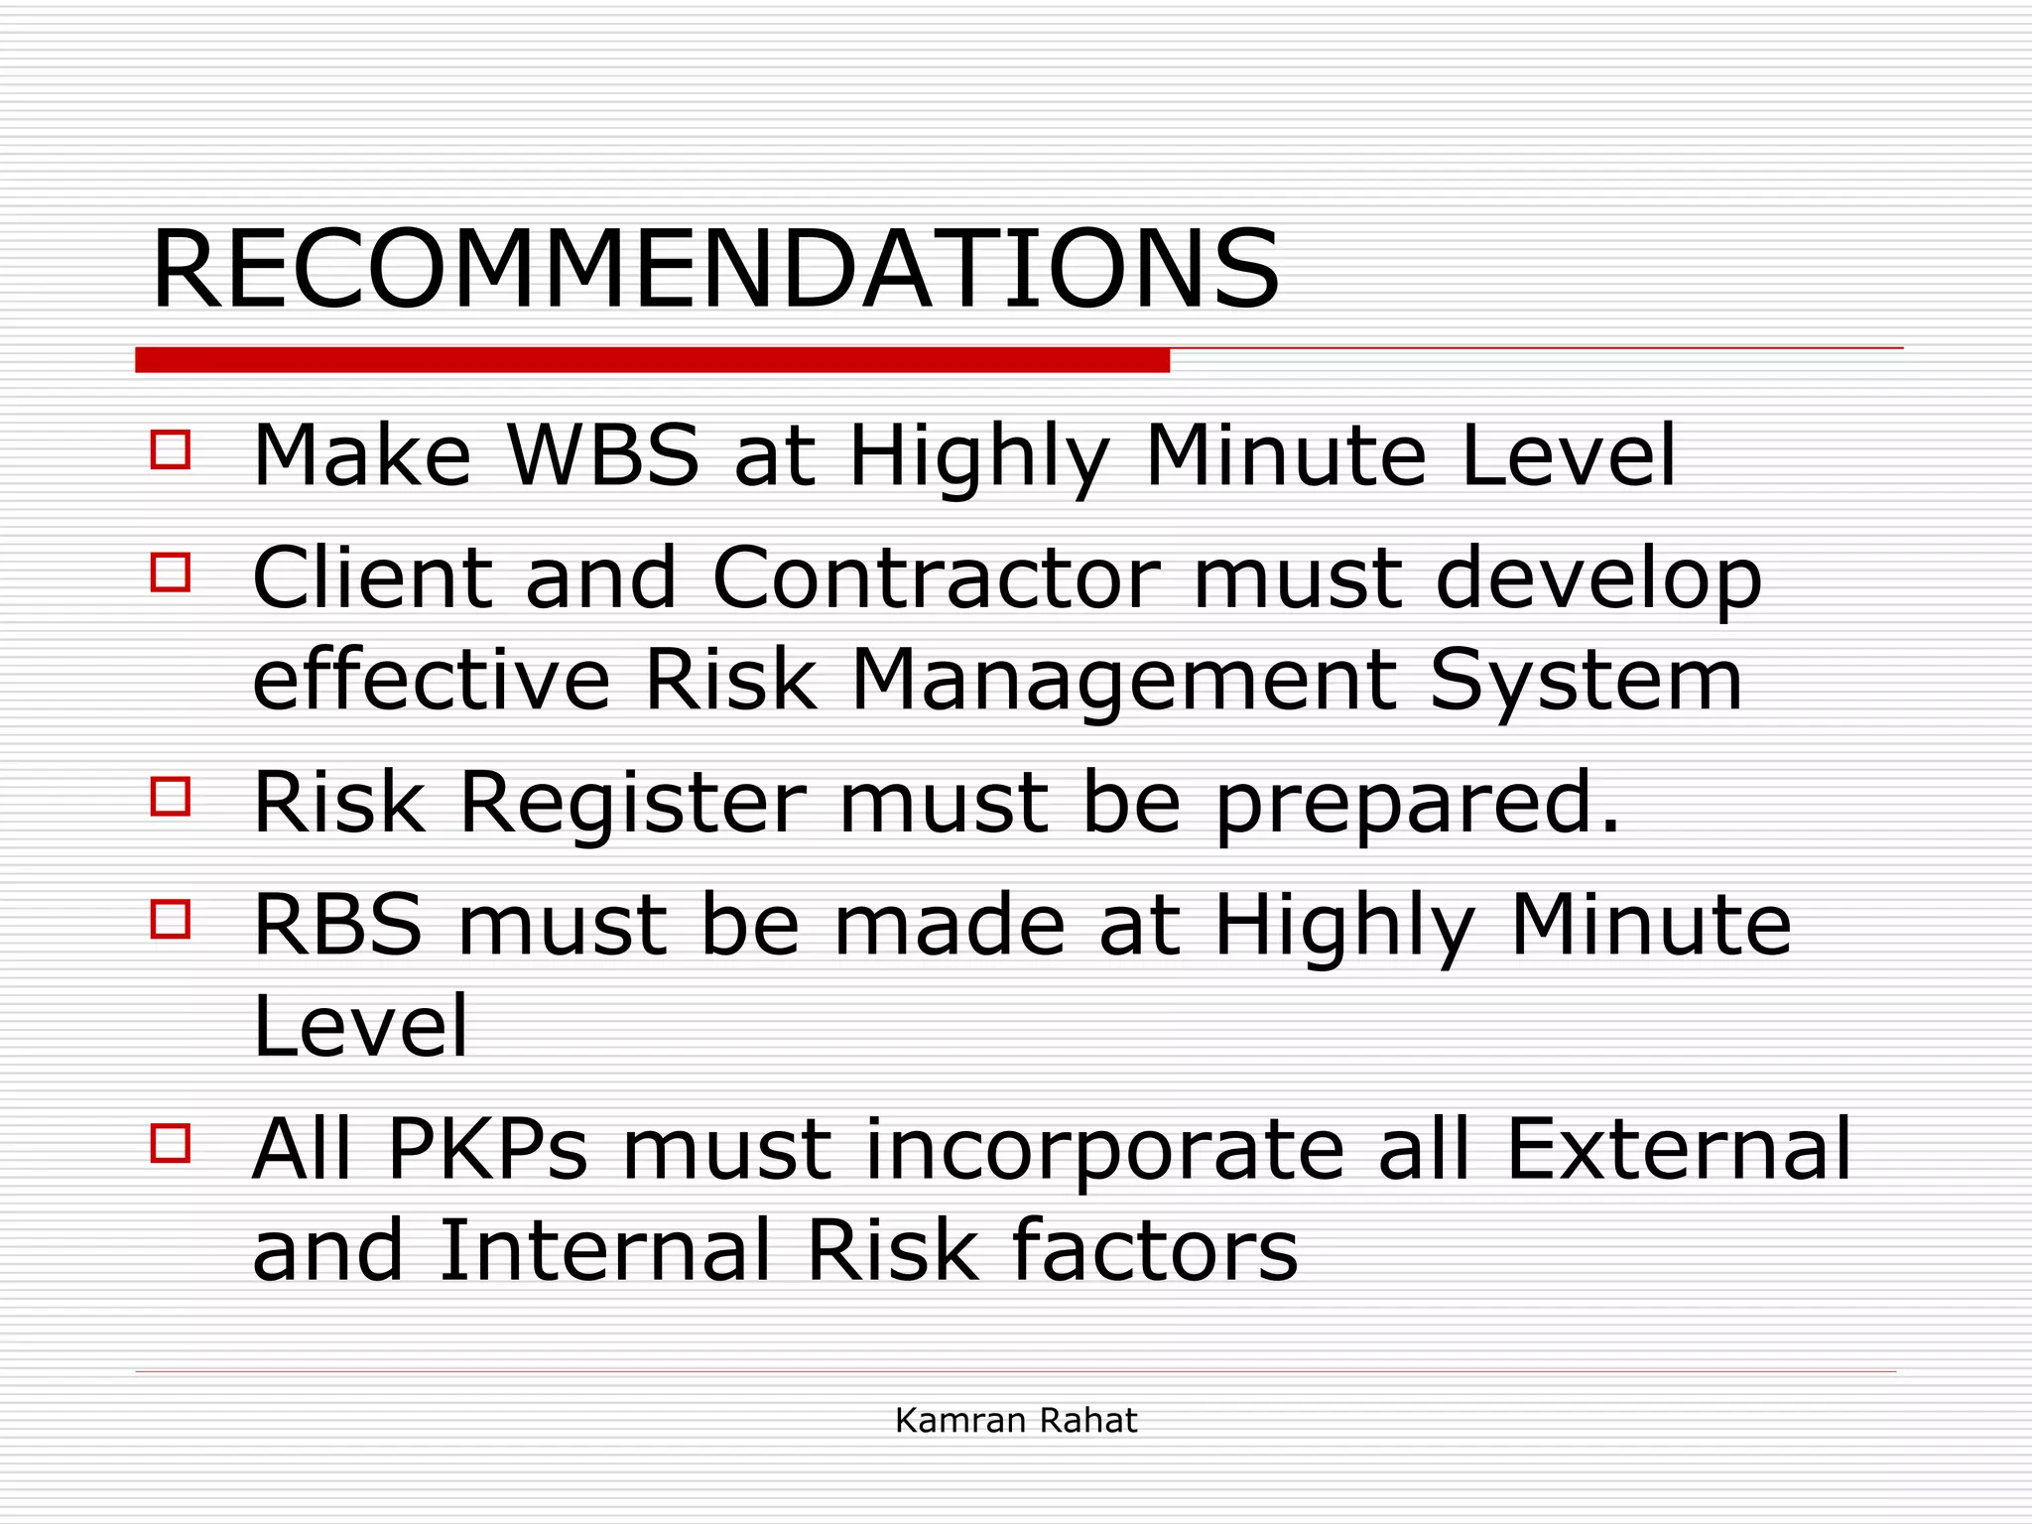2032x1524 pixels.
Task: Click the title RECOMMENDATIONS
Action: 714,270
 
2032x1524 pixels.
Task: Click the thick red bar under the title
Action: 652,360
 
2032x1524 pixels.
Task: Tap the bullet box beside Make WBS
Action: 171,448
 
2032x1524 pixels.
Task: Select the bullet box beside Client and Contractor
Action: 171,571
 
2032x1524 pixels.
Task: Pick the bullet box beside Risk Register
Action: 171,796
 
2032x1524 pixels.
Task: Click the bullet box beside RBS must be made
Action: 171,919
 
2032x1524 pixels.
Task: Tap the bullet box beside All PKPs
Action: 171,1142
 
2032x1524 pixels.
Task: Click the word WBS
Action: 603,456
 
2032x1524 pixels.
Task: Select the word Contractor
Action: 936,578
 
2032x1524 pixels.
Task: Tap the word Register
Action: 633,804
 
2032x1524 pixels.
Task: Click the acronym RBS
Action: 338,925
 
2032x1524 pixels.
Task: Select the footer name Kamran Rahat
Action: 1016,1421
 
